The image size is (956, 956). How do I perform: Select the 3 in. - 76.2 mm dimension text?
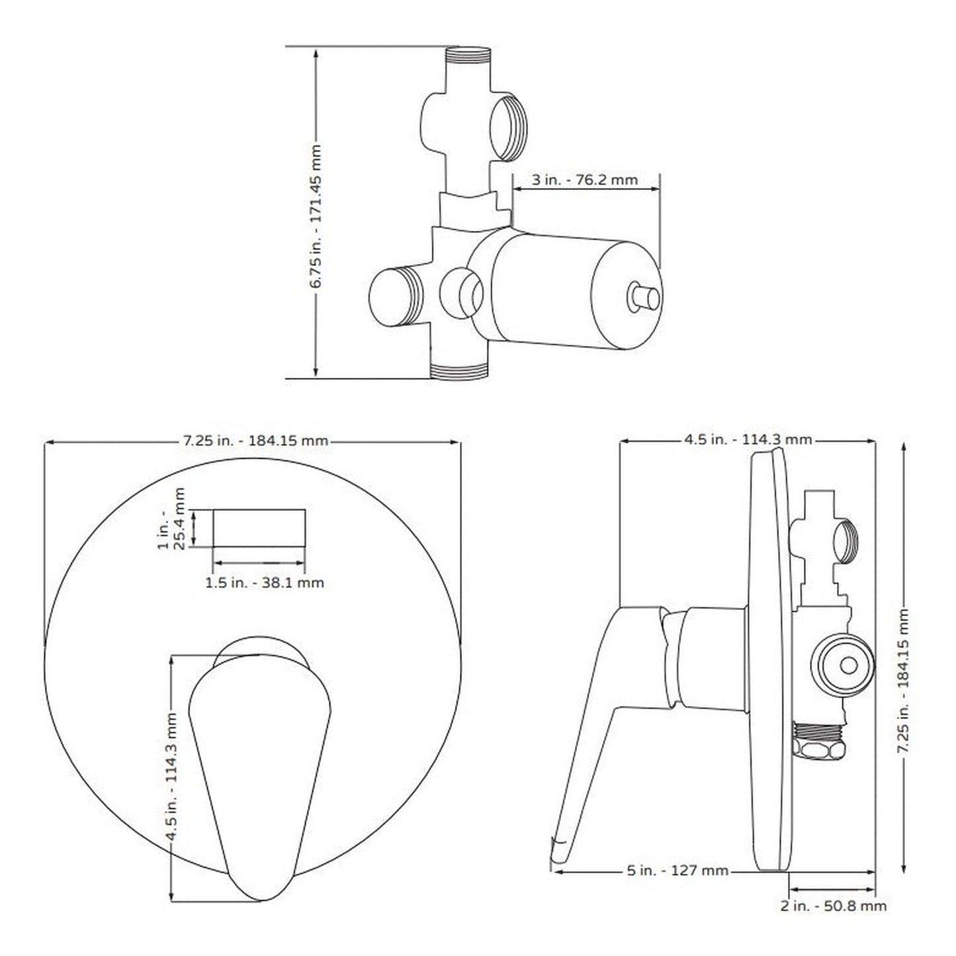tap(585, 180)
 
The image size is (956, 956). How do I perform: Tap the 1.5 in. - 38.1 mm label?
tap(265, 583)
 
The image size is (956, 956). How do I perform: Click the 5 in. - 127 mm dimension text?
tap(677, 870)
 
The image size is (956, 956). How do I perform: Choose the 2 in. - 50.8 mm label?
tap(833, 906)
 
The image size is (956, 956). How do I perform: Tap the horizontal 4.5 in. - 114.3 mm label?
tap(748, 439)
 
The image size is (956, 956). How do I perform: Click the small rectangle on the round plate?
tap(259, 528)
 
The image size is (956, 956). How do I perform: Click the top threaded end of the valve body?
tap(469, 56)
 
